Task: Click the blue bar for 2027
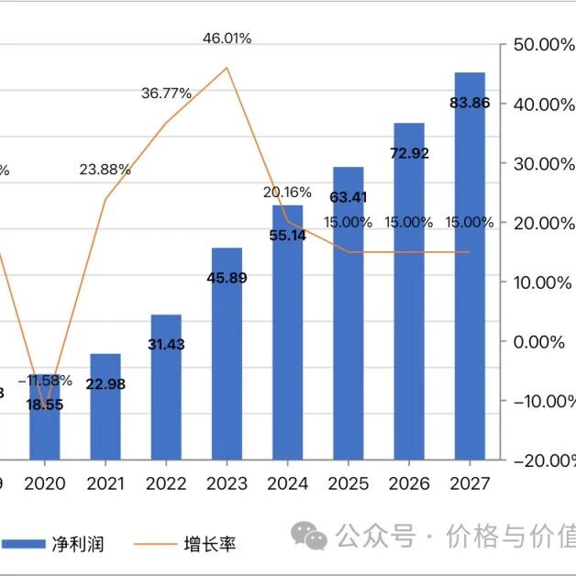[x=470, y=265]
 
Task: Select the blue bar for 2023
[x=227, y=353]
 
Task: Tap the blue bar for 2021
[x=105, y=406]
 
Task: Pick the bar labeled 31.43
[x=166, y=386]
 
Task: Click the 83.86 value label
[x=470, y=103]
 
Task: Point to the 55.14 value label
[x=287, y=236]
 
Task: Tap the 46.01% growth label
[x=227, y=39]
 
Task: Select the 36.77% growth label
[x=166, y=94]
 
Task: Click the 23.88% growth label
[x=105, y=170]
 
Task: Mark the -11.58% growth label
[x=49, y=380]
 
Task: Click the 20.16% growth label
[x=287, y=193]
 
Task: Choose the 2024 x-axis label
[x=287, y=483]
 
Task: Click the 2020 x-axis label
[x=44, y=483]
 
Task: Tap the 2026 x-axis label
[x=409, y=483]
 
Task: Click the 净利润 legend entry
[x=55, y=544]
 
